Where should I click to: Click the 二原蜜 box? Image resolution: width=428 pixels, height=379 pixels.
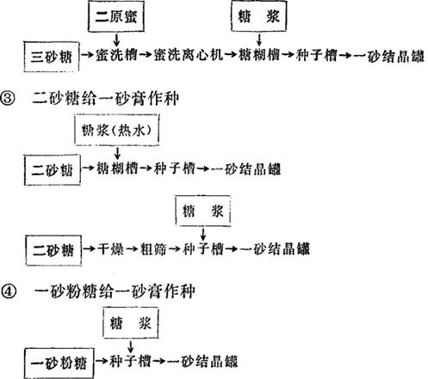(116, 16)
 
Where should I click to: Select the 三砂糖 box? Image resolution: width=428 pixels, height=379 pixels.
(52, 57)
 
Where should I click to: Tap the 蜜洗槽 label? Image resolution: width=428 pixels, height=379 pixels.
(116, 55)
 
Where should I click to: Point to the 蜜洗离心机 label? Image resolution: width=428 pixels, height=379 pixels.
(188, 55)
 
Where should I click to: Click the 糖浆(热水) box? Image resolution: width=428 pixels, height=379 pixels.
(117, 130)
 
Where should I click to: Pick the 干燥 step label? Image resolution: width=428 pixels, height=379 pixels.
(110, 248)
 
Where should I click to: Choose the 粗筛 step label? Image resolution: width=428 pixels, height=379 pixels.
(153, 248)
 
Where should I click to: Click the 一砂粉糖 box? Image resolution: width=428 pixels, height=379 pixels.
(59, 363)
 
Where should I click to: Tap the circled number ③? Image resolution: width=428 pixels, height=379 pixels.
(8, 99)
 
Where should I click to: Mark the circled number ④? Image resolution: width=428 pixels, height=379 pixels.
(9, 292)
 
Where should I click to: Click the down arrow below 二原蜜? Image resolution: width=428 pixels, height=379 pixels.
(116, 40)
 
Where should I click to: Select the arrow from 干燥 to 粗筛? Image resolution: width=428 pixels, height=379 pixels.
(132, 249)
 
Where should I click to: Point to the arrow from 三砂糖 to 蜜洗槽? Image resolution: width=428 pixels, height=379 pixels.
(88, 54)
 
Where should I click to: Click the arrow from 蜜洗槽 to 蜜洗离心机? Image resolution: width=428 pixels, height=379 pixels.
(146, 54)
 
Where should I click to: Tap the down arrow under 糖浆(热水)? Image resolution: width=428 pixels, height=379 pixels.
(117, 153)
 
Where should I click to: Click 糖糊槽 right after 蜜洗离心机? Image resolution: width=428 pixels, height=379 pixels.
(259, 55)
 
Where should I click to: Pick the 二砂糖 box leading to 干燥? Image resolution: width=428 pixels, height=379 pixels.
(53, 250)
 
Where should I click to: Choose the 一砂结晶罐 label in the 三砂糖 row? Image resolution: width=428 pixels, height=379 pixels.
(388, 55)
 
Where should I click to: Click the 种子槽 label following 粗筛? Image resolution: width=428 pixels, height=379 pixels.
(203, 248)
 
